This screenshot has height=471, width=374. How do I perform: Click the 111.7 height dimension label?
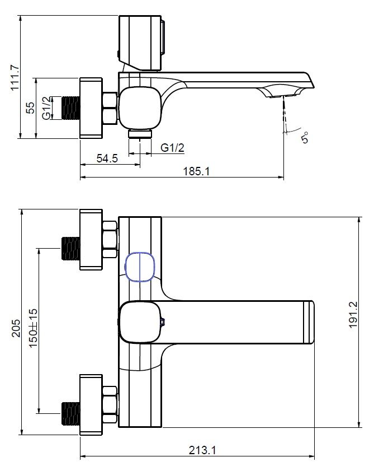[15, 77]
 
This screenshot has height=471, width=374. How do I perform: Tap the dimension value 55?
[30, 108]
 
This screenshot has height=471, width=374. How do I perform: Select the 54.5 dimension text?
[107, 158]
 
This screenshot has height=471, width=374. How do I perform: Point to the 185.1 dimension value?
[196, 171]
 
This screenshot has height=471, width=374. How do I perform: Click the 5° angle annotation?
[305, 138]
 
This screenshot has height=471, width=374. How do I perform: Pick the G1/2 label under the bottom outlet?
[172, 147]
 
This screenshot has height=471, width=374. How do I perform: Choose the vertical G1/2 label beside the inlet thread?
[46, 108]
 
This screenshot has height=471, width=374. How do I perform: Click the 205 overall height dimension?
[16, 328]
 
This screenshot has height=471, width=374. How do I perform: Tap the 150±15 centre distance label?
[34, 328]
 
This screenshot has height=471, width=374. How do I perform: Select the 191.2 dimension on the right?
[353, 315]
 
